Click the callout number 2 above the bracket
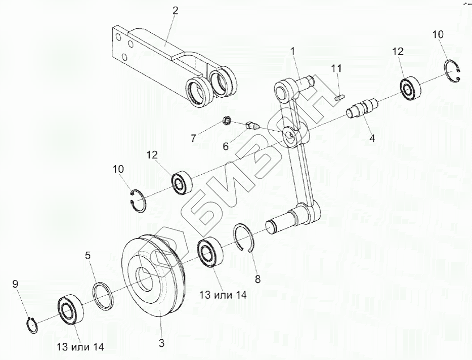coord(176,11)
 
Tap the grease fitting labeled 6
coord(251,125)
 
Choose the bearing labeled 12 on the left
coord(181,181)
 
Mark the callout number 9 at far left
coord(15,285)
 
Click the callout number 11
coord(336,68)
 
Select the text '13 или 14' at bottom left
coord(80,347)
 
